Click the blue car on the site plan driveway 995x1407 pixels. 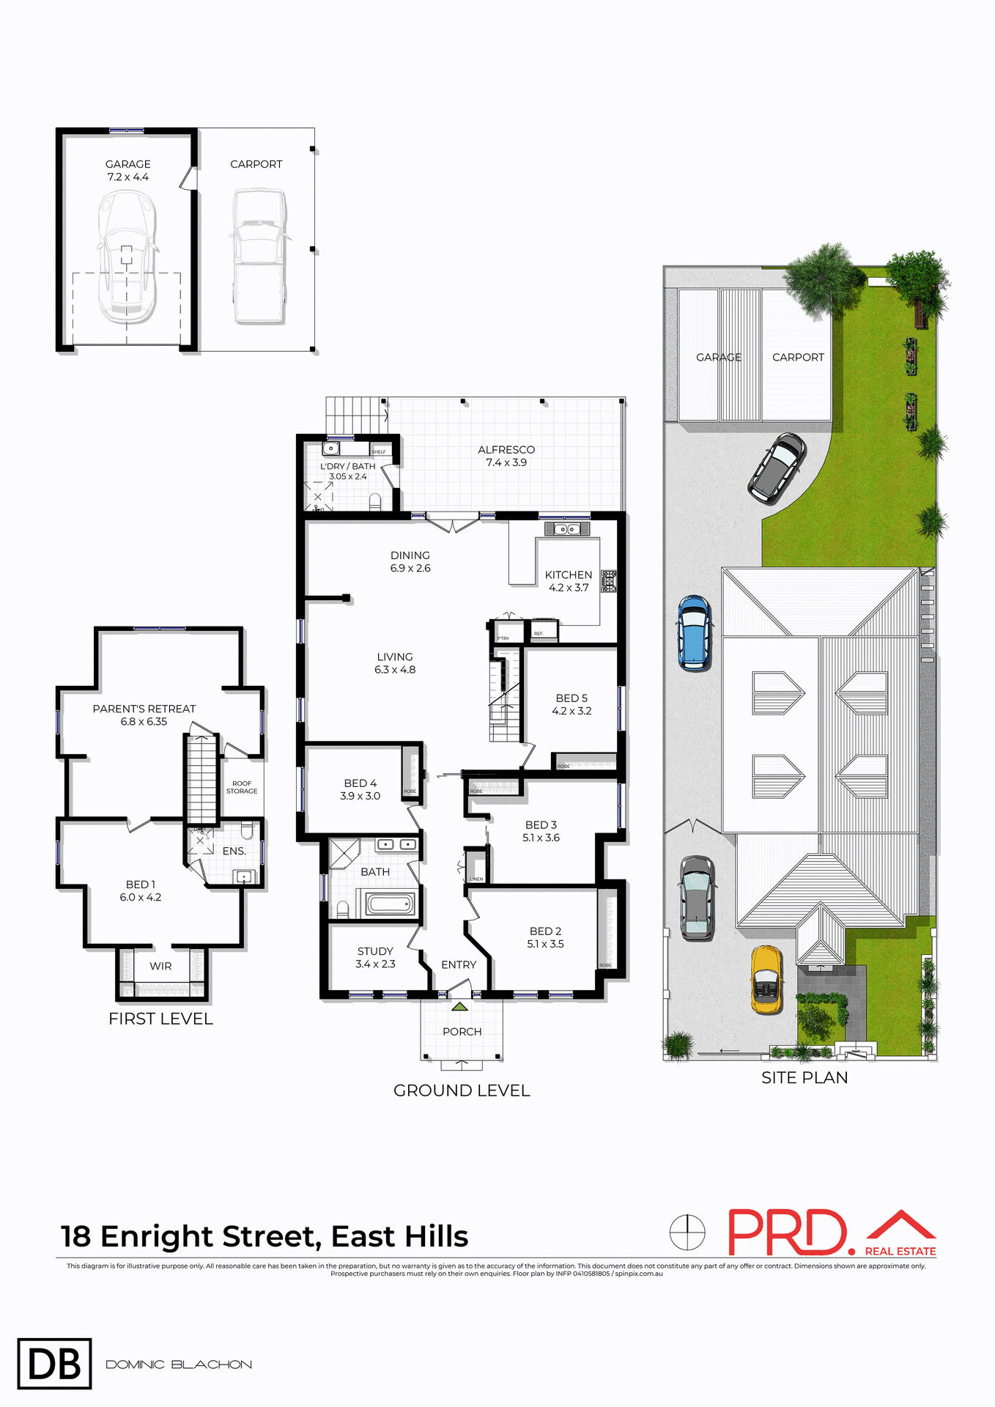[x=693, y=632]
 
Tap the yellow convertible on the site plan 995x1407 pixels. [x=766, y=980]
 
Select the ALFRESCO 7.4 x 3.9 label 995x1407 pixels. [x=506, y=456]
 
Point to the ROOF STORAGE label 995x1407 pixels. [x=242, y=787]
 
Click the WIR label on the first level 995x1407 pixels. [x=160, y=967]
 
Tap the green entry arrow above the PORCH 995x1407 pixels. [x=459, y=1007]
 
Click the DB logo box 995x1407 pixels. [x=54, y=1364]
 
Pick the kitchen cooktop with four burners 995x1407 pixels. [x=609, y=581]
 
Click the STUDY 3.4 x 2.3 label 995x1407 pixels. [x=375, y=957]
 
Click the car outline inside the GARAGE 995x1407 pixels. [x=127, y=256]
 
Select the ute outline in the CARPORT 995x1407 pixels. [x=259, y=256]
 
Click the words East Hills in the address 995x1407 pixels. [x=399, y=1236]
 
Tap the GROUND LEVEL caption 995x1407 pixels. [x=462, y=1090]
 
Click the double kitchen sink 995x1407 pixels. [x=567, y=529]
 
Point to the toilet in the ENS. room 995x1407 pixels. [x=247, y=831]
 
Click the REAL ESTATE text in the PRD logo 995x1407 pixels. [x=900, y=1251]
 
